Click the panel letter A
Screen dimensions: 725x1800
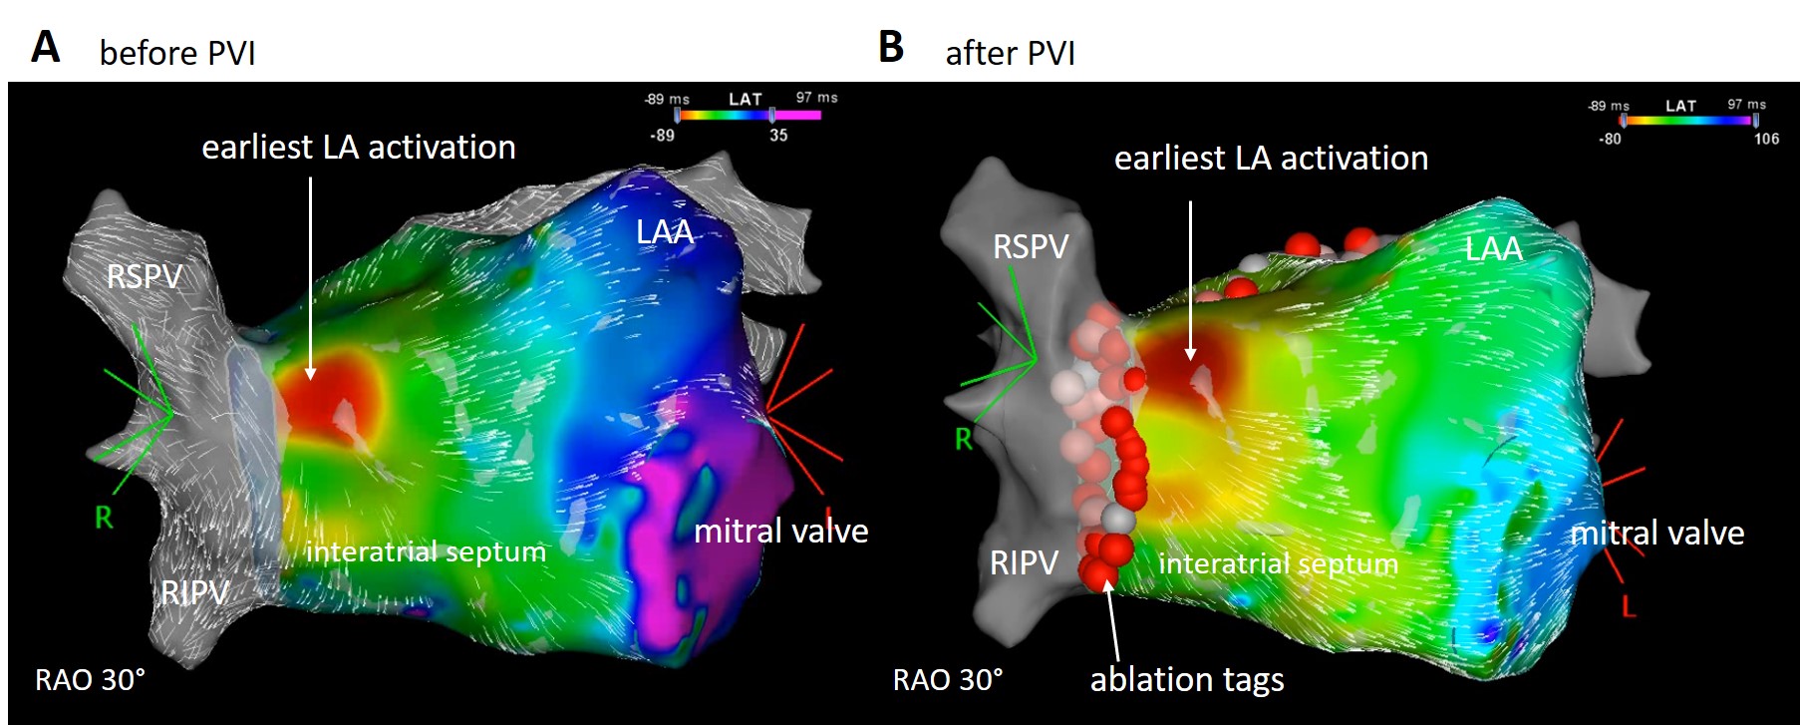point(46,47)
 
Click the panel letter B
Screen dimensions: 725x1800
point(891,47)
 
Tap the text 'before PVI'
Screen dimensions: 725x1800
point(177,53)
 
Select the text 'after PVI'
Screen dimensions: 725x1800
point(1010,53)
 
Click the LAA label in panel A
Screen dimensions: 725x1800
point(665,232)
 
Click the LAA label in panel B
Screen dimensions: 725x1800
point(1493,248)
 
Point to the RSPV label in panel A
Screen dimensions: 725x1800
point(145,276)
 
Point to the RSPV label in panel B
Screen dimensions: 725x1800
point(1031,246)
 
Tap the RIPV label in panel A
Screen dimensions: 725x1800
point(195,593)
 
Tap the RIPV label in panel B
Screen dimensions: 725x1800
point(1024,563)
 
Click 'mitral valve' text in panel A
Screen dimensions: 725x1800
point(780,532)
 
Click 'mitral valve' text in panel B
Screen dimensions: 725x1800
point(1656,534)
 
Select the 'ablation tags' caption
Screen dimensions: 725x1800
point(1186,680)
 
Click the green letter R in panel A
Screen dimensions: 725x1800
point(104,518)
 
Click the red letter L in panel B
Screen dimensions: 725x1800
point(1629,605)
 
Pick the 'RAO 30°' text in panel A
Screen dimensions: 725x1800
point(90,680)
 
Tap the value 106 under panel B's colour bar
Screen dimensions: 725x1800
point(1766,140)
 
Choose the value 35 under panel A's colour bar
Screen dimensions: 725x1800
point(778,136)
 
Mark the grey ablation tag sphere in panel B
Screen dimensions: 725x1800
point(1119,520)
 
